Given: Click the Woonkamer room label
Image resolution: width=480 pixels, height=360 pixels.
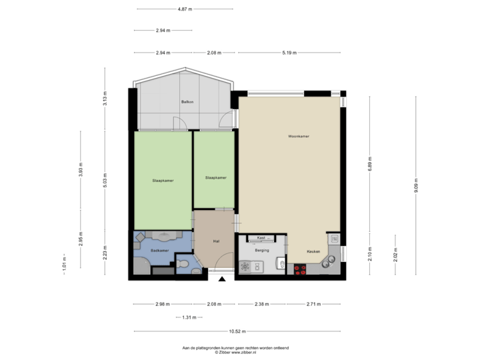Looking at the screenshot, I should click(x=298, y=136).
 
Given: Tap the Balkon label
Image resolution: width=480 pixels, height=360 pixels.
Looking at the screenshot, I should click(x=187, y=101).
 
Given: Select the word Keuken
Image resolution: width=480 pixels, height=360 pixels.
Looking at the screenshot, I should click(x=313, y=251).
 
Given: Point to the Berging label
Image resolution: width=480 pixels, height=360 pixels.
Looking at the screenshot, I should click(x=261, y=251).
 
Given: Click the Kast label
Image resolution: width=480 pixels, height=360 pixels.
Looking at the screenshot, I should click(x=261, y=237).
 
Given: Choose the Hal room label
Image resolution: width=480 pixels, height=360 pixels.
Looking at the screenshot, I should click(x=216, y=241).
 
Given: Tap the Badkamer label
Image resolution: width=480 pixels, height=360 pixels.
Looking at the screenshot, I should click(x=159, y=250).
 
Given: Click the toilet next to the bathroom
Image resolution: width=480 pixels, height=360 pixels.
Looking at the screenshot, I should click(x=183, y=265).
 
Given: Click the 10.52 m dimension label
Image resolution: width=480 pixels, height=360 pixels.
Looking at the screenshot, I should click(x=237, y=331).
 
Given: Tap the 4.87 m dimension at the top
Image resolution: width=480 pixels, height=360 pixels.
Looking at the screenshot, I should click(x=185, y=9).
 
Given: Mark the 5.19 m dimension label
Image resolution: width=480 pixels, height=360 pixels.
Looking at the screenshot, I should click(x=289, y=52).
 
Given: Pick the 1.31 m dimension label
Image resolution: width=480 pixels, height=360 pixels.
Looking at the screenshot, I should click(x=189, y=317).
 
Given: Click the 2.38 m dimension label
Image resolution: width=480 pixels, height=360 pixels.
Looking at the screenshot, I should click(x=261, y=304).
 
